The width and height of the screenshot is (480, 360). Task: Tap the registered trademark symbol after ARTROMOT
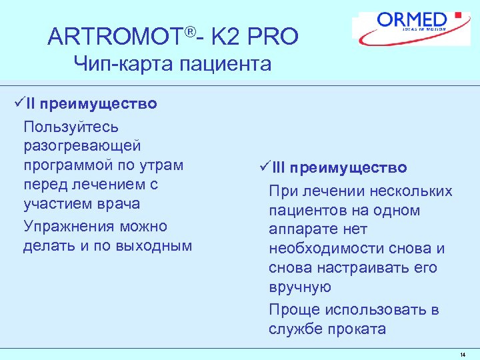pos(191,31)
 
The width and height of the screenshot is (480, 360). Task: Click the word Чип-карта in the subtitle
pos(119,64)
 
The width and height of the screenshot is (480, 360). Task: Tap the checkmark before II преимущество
pos(18,104)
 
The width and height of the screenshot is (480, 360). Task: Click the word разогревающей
pos(81,145)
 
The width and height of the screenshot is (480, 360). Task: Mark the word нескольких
pos(412,191)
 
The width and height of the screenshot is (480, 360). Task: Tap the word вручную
pos(299,287)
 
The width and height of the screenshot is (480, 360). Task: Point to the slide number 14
pos(463,355)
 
